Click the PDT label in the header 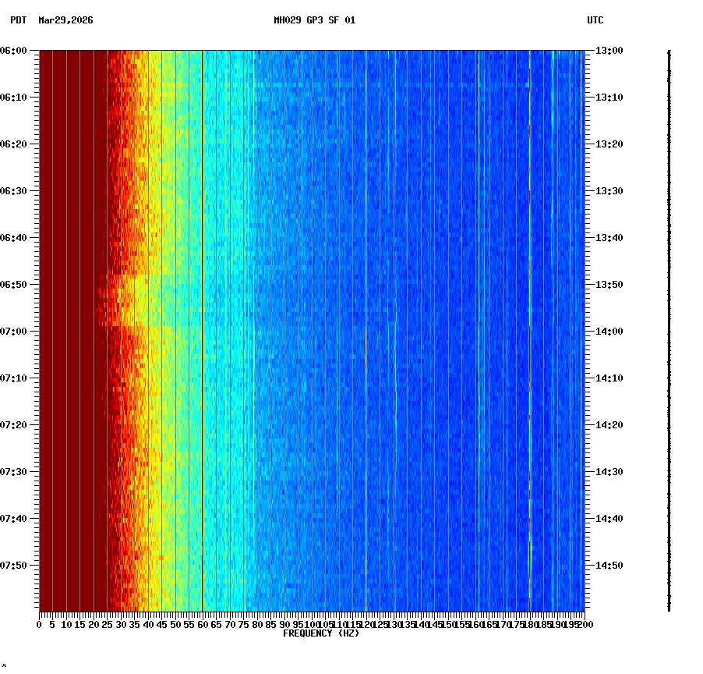pyautogui.click(x=18, y=20)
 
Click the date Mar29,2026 pyautogui.click(x=65, y=20)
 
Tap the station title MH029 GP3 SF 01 pyautogui.click(x=314, y=20)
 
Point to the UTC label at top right pyautogui.click(x=595, y=20)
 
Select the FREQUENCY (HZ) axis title pyautogui.click(x=321, y=633)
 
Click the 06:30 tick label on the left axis pyautogui.click(x=14, y=191)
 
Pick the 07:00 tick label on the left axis pyautogui.click(x=14, y=332)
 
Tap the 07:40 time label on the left pyautogui.click(x=14, y=519)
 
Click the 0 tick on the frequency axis pyautogui.click(x=40, y=625)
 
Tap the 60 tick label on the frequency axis pyautogui.click(x=203, y=625)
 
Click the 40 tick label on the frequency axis pyautogui.click(x=148, y=625)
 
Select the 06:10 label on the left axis pyautogui.click(x=14, y=98)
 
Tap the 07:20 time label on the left pyautogui.click(x=14, y=425)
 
